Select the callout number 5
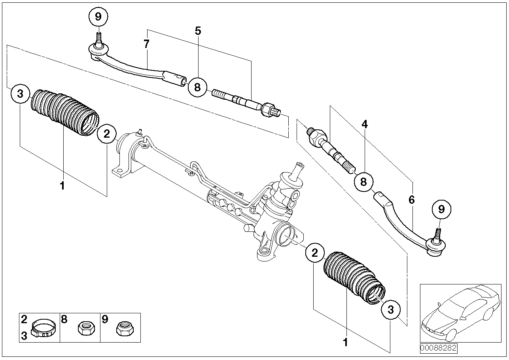click(x=198, y=31)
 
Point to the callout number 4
click(x=365, y=124)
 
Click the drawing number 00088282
click(x=438, y=348)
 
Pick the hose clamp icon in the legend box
click(x=44, y=328)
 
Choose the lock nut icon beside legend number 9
click(x=125, y=328)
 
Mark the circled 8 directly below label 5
click(x=197, y=87)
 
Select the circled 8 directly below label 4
click(x=363, y=182)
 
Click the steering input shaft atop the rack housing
click(x=296, y=171)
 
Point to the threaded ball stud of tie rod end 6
click(x=437, y=235)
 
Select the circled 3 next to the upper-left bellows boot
click(x=20, y=94)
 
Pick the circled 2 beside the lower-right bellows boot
click(x=315, y=253)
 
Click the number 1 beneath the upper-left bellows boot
click(x=62, y=186)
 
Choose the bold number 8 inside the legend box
click(x=64, y=319)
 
